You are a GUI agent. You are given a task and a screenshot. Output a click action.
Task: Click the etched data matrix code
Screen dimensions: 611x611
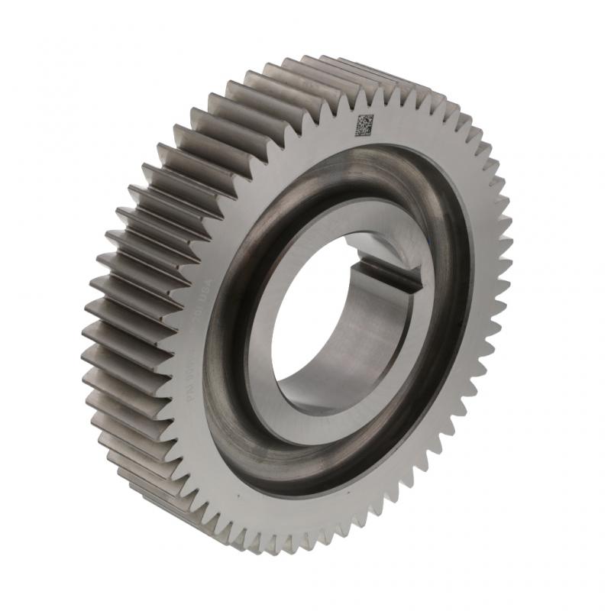coord(364,125)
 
